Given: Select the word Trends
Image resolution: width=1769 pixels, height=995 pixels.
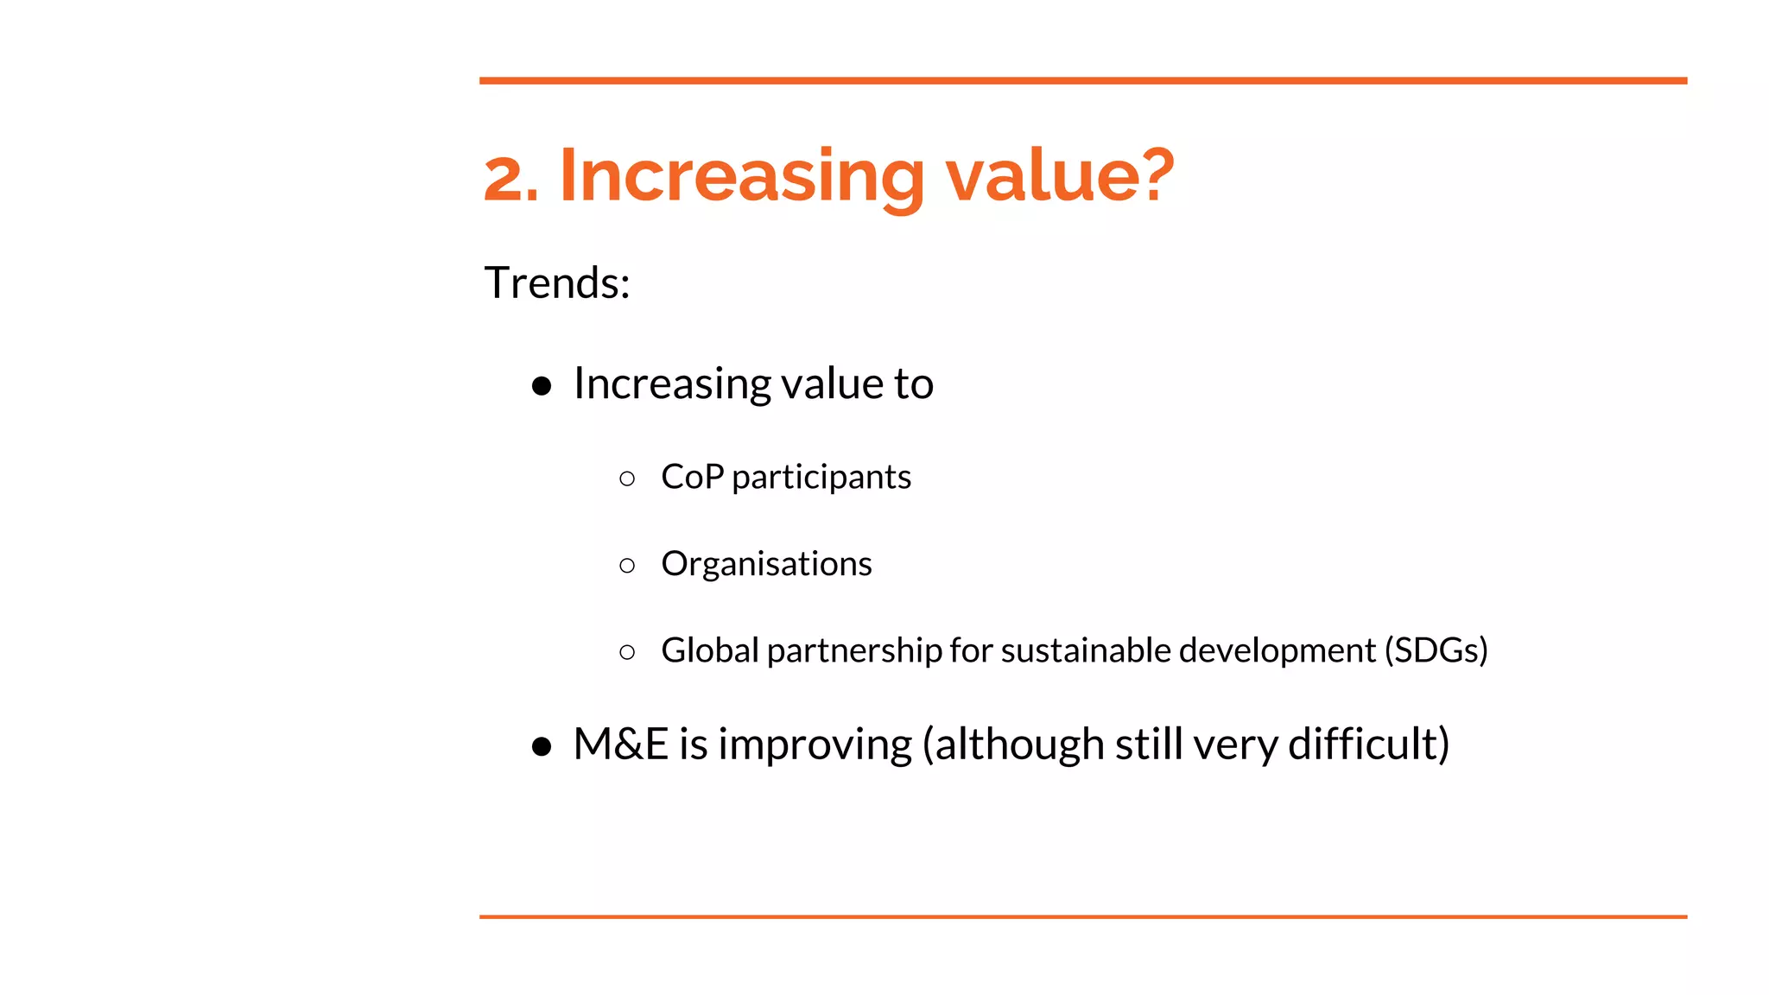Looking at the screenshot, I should click(x=555, y=283).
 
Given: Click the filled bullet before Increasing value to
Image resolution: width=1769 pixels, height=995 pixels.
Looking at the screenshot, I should click(x=542, y=386).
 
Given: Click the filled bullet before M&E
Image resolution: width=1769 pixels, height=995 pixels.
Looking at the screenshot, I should click(x=542, y=746).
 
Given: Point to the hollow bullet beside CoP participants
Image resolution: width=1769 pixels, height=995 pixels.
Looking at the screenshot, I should click(x=627, y=478).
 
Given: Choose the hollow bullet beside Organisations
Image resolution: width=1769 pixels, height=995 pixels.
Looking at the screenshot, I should click(x=627, y=566).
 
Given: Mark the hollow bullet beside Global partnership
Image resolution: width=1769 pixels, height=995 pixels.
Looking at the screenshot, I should click(x=627, y=652).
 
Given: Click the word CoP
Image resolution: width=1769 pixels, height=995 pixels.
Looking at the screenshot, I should click(x=691, y=477).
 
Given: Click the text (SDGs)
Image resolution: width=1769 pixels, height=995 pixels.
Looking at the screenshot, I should click(x=1436, y=650).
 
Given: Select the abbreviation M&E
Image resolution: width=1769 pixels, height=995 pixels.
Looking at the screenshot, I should click(x=620, y=744).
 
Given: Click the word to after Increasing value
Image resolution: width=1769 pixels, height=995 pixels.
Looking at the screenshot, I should click(x=913, y=383).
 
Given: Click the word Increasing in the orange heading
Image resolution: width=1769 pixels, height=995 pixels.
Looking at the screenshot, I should click(x=741, y=177).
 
